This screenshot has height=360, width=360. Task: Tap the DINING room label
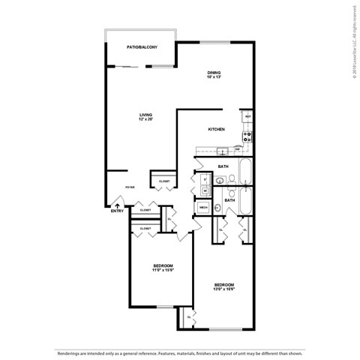[216, 73]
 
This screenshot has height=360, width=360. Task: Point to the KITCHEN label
[217, 129]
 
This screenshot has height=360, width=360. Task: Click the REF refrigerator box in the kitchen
[247, 116]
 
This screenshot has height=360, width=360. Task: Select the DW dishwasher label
[237, 148]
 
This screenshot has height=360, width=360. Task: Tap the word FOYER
[130, 189]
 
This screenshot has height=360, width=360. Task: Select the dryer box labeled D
[204, 179]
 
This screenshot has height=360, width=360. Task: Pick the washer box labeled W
[204, 190]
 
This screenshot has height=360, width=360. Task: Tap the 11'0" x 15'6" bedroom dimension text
[163, 271]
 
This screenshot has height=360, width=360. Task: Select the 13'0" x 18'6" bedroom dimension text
[224, 289]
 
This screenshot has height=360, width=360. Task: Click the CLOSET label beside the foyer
[164, 181]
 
